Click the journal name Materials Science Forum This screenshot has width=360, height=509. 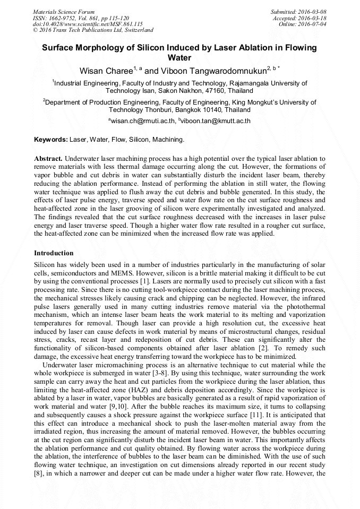[64, 12]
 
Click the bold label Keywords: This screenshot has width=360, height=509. [51, 140]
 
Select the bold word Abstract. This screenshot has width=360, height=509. [48, 159]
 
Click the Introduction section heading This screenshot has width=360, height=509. [54, 253]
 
